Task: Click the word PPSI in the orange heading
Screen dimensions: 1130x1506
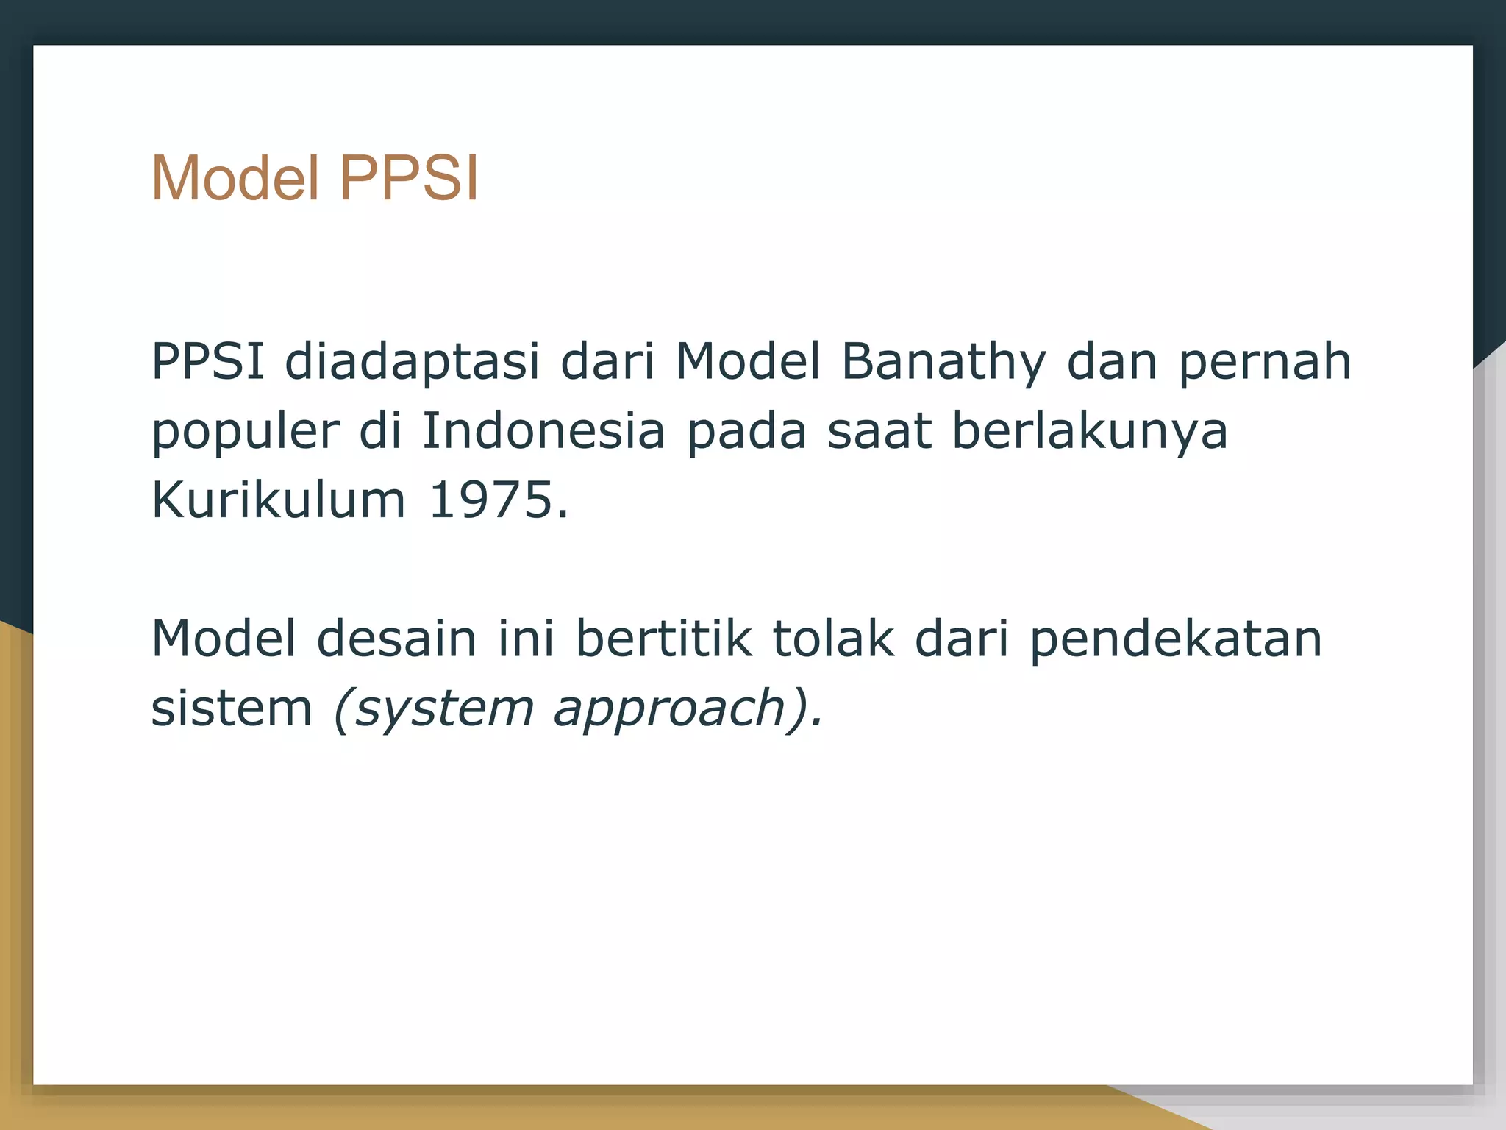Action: tap(409, 178)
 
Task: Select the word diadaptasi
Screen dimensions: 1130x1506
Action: tap(412, 362)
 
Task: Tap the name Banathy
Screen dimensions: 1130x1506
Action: tap(943, 362)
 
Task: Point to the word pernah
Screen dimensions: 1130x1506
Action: tap(1265, 362)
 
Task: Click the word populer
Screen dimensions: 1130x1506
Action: tap(246, 431)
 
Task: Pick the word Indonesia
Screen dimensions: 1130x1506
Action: tap(543, 431)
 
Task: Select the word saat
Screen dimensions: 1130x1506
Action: tap(879, 431)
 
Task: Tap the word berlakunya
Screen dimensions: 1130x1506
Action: tap(1090, 431)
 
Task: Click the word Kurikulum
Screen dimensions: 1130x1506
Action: tap(278, 500)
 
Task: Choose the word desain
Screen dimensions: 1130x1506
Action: tap(397, 639)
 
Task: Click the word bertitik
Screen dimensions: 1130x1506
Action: tap(663, 639)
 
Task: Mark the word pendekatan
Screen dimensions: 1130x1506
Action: tap(1175, 639)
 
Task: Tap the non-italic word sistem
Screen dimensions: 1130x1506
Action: tap(232, 708)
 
